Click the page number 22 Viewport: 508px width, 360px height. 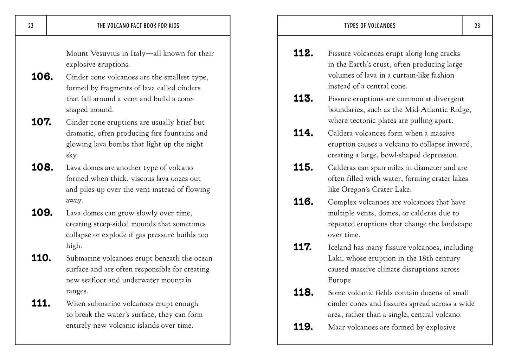(31, 26)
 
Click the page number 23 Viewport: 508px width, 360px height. (477, 26)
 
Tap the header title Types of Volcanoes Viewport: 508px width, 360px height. (369, 26)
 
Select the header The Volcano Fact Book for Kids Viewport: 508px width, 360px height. (138, 26)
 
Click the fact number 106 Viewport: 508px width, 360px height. (42, 77)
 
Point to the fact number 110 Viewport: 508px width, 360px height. (41, 258)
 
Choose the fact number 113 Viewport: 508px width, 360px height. (303, 98)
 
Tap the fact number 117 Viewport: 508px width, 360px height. (303, 247)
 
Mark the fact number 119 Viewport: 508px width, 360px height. (303, 327)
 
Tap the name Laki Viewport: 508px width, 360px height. (335, 258)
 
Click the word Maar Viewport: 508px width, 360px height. (337, 327)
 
